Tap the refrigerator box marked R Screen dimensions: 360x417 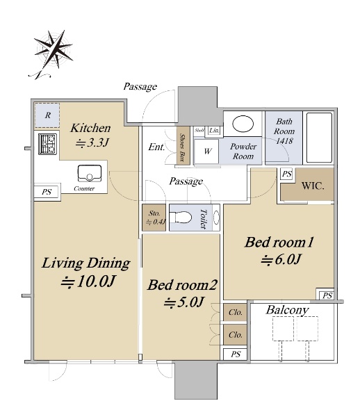click(47, 115)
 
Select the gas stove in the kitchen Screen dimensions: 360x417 click(47, 144)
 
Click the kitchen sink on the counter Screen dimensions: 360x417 click(90, 174)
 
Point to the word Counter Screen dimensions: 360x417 click(84, 188)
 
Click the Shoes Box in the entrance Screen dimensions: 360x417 click(183, 145)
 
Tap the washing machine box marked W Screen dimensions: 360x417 click(206, 152)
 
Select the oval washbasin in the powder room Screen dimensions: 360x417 click(243, 124)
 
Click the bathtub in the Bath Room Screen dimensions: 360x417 click(319, 138)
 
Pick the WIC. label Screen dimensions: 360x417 click(313, 186)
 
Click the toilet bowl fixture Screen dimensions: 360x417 click(181, 218)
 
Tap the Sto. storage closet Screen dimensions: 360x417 click(154, 218)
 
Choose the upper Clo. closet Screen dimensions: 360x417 click(235, 312)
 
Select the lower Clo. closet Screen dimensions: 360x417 click(235, 334)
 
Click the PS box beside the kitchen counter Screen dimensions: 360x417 click(47, 192)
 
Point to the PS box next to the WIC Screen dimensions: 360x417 click(286, 174)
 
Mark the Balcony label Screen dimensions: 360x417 click(287, 310)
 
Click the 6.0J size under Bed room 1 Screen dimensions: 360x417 click(281, 259)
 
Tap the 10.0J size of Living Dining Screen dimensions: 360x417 click(88, 281)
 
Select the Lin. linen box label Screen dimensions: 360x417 click(214, 131)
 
